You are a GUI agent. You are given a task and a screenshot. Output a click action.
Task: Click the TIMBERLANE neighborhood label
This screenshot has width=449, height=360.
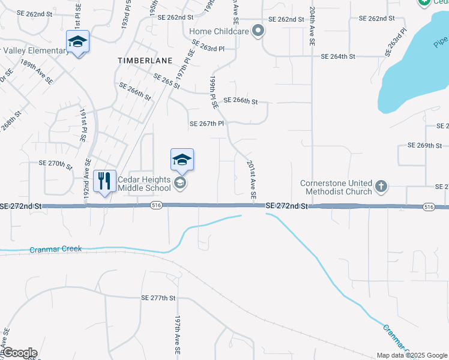[145, 61]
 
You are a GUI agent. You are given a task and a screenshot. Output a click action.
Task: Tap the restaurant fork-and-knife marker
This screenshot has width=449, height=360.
[105, 181]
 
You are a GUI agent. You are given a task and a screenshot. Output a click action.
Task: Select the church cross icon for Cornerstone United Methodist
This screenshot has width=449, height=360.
[381, 187]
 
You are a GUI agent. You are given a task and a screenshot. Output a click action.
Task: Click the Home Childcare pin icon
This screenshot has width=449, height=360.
[258, 31]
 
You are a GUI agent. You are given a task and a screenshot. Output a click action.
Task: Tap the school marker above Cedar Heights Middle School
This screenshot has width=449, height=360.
[182, 160]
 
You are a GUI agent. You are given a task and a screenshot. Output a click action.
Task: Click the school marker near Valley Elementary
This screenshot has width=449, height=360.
[77, 41]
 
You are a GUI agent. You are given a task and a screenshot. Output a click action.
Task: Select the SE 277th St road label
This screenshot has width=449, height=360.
[158, 298]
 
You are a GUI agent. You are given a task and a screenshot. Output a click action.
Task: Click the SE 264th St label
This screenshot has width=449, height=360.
[339, 56]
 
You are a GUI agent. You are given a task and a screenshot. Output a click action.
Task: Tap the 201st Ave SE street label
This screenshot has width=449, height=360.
[252, 179]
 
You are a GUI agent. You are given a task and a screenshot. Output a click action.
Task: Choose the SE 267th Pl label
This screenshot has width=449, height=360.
[206, 124]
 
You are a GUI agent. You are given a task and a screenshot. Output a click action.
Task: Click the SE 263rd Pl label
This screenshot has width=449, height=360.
[208, 46]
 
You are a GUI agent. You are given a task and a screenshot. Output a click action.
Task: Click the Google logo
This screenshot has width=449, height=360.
[19, 353]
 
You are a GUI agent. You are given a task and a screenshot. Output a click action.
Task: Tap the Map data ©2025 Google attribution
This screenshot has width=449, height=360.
[411, 355]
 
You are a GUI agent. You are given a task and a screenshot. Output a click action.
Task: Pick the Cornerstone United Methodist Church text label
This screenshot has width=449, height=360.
[337, 187]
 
